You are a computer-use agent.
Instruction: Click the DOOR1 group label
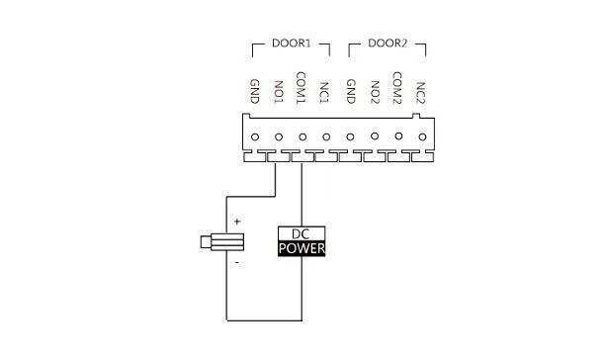pos(291,44)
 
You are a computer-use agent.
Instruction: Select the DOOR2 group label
pos(388,44)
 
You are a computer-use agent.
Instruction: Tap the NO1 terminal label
pos(279,92)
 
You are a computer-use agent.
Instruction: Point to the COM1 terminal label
pos(301,88)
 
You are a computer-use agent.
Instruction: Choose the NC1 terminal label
pos(324,93)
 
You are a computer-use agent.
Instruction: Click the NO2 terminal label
pos(375,92)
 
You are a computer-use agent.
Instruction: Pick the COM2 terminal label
pos(397,88)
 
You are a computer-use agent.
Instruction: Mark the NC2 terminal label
pos(420,93)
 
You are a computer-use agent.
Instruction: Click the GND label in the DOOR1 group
pos(255,91)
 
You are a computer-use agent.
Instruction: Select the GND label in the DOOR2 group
pos(351,91)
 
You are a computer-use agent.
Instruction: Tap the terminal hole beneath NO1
pos(279,136)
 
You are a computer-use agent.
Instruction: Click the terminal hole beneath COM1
pos(302,136)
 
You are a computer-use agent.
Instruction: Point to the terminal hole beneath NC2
pos(422,136)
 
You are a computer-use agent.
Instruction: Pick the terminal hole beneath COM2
pos(398,136)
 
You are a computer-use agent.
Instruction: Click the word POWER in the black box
pos(302,249)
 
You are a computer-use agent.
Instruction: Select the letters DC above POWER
pos(301,234)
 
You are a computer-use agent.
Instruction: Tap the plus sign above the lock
pos(237,222)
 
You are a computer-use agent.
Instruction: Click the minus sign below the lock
pos(237,263)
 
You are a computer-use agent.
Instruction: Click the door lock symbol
pos(222,242)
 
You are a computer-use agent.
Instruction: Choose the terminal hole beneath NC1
pos(326,136)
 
